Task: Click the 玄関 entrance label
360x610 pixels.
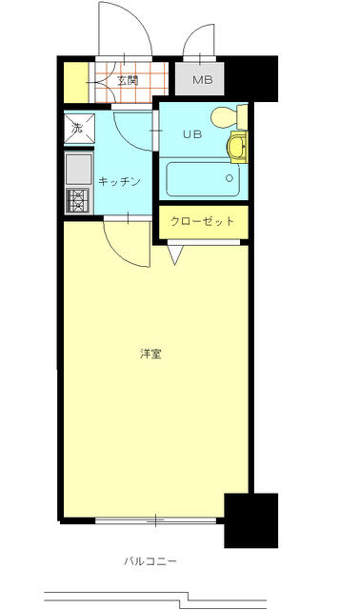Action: tap(128, 81)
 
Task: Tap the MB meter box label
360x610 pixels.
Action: tap(202, 80)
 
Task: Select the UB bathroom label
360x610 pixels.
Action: tap(192, 134)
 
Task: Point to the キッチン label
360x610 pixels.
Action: tap(119, 181)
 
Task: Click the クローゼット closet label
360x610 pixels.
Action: tap(202, 221)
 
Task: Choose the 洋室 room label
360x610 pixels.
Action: tap(150, 354)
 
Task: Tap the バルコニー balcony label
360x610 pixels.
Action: tap(150, 561)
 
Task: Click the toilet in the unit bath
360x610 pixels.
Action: tap(229, 117)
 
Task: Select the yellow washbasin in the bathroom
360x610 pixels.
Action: tap(237, 147)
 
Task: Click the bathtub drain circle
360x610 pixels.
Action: tap(230, 178)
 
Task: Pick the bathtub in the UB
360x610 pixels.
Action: tap(202, 179)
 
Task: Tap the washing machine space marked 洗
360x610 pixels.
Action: tap(79, 129)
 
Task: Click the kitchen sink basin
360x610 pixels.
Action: tap(78, 170)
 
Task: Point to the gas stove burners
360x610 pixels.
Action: tap(79, 200)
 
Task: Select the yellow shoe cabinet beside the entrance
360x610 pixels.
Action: tap(76, 82)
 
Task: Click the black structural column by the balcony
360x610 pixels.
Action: tap(251, 520)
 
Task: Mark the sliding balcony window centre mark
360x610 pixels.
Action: tap(155, 520)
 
